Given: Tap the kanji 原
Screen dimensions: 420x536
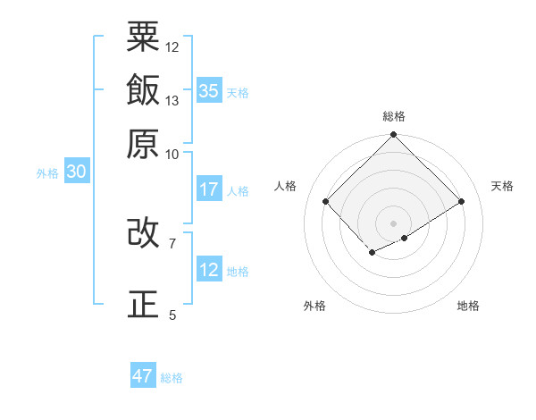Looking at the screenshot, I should point(143,143).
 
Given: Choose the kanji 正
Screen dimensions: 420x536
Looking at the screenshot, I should point(143,304).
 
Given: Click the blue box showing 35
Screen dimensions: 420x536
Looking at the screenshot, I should point(209,91).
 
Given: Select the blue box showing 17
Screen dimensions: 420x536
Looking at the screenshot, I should point(209,189).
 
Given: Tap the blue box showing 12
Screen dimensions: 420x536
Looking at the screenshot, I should point(209,270).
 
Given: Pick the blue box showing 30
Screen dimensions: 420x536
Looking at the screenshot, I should point(76,172).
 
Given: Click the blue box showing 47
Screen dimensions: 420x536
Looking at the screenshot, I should point(143,376).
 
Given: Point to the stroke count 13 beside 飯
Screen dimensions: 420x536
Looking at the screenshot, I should point(172,100).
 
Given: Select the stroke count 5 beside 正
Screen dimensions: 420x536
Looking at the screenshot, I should point(172,315).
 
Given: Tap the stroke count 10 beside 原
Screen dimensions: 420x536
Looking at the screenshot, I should point(172,154).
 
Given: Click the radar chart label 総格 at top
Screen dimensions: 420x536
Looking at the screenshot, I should point(394,116).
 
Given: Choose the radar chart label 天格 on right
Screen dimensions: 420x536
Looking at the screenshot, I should point(502,186).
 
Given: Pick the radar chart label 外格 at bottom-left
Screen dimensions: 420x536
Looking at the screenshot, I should point(314,306).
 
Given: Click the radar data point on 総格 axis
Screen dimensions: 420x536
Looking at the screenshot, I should point(394,136).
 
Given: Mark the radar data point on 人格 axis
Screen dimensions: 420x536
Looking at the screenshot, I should point(326,201).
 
